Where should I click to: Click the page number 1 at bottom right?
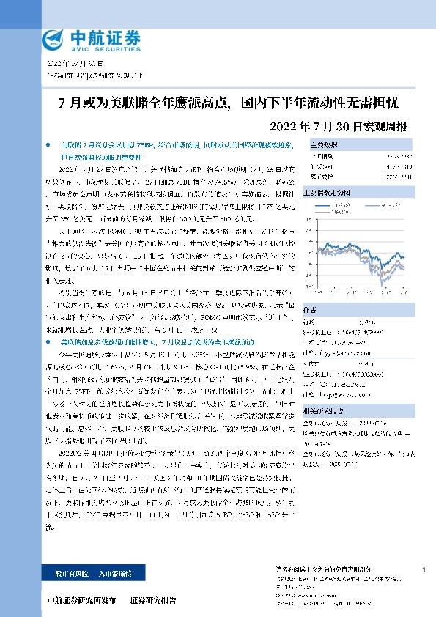tap(424, 570)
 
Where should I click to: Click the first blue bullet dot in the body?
tap(48, 146)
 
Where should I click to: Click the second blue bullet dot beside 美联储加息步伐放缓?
tap(48, 322)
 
